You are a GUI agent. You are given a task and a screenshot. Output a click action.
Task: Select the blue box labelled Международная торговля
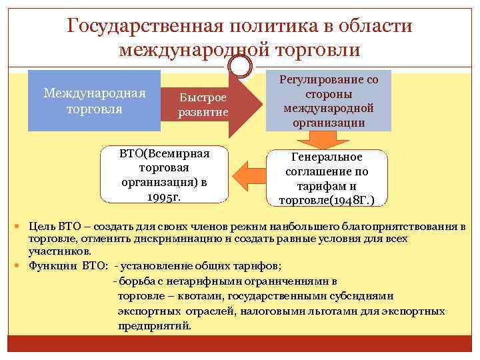[94, 100]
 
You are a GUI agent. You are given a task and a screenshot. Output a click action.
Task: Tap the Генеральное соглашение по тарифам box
[326, 177]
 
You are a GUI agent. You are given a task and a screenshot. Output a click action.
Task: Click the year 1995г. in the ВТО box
[165, 197]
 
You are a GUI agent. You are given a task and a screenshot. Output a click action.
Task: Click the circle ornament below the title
[241, 65]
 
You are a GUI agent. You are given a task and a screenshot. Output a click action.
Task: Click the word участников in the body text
[55, 251]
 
